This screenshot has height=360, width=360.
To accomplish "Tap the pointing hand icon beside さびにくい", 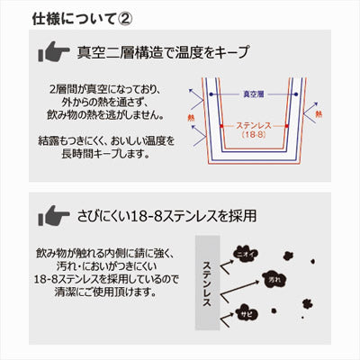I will (57, 216).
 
